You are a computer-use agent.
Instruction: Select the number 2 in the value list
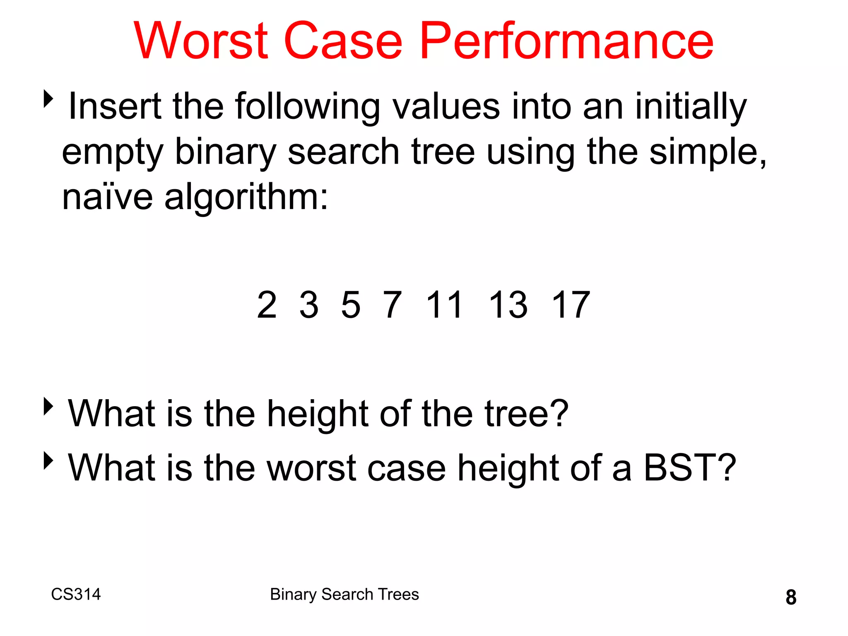pos(267,305)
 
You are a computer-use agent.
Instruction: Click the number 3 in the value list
pos(309,305)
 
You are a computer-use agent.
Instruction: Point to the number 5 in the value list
pos(351,305)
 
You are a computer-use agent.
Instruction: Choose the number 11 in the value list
pos(444,305)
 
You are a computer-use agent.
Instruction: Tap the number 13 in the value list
pos(508,305)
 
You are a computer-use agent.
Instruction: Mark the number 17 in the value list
pos(571,305)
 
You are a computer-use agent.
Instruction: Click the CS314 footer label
pos(76,594)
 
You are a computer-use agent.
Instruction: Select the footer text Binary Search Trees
pos(344,594)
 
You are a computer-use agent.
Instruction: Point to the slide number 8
pos(791,597)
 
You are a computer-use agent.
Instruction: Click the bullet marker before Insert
pos(48,99)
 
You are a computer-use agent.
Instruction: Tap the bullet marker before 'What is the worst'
pos(48,460)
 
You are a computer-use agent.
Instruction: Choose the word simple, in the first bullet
pos(708,152)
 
